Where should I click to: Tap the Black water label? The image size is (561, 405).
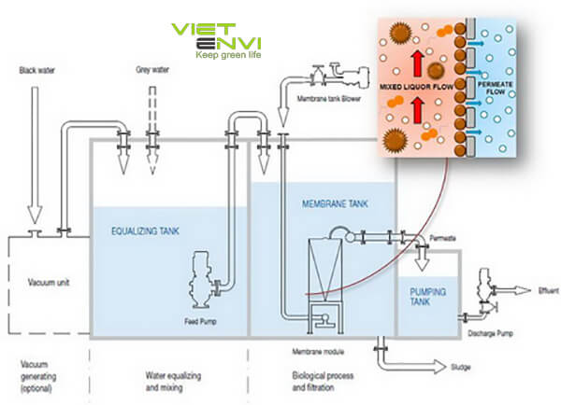coord(35,68)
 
